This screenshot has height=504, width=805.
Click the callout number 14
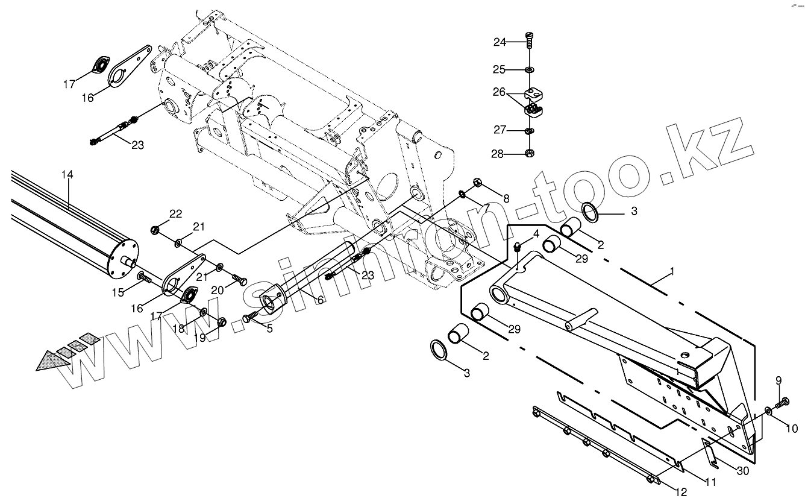coord(67,174)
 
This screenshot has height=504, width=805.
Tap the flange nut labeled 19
coord(221,321)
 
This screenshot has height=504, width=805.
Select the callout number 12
coord(681,492)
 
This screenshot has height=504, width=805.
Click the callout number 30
coord(744,471)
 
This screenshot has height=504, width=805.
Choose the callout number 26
coord(500,93)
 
